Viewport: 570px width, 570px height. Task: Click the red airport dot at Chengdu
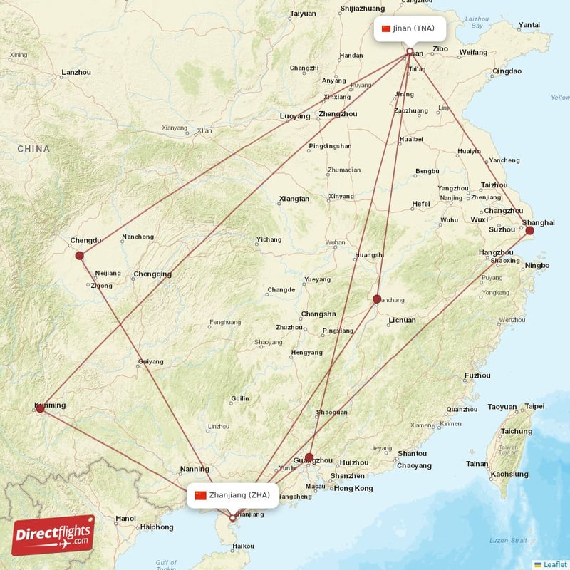coord(79,255)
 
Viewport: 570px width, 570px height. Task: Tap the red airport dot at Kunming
coord(40,408)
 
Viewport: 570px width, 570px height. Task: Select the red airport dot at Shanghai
coord(529,230)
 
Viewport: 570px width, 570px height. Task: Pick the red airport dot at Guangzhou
coord(309,457)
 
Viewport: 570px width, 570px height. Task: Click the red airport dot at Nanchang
coord(377,299)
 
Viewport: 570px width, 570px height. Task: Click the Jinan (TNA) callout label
coord(410,28)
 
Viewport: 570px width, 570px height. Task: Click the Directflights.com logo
coord(53,535)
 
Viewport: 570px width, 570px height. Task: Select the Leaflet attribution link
coord(554,564)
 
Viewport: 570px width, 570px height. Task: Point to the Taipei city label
coord(534,406)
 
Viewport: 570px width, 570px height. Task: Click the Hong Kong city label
coord(353,488)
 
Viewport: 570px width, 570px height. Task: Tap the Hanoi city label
coord(125,518)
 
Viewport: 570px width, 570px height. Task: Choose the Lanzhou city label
coord(76,72)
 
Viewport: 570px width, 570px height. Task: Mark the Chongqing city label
coord(152,274)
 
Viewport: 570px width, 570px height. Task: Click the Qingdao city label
coord(507,71)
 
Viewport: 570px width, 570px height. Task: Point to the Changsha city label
coord(318,313)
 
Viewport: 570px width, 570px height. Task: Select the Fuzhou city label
coord(477,375)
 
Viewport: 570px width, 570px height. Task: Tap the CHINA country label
coord(33,149)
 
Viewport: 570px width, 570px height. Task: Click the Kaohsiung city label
coord(509,474)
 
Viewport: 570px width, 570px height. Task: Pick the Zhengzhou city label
coord(338,113)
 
